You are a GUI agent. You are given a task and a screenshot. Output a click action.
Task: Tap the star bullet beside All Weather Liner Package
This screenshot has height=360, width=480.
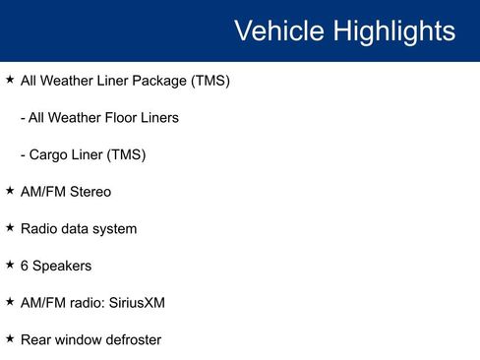click(x=10, y=80)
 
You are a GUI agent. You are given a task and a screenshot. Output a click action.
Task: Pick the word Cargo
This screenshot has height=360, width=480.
click(x=48, y=154)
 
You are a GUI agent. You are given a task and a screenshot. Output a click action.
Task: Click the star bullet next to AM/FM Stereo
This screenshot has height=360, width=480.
click(x=10, y=191)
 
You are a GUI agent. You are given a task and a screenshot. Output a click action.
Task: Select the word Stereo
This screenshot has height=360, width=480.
click(x=90, y=192)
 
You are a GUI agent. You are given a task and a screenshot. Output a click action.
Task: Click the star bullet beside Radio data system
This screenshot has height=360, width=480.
click(x=10, y=227)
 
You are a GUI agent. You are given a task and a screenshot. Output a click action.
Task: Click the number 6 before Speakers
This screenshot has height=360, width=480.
click(x=25, y=266)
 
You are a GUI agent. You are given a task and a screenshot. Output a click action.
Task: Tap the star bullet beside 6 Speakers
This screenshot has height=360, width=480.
click(x=10, y=265)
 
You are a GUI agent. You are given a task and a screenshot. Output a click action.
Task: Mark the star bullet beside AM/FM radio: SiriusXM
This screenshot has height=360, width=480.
click(x=10, y=302)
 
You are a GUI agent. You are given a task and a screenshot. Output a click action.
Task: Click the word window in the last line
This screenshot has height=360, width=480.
click(x=77, y=340)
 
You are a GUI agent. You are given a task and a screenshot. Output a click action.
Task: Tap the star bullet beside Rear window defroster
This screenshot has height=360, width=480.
click(x=10, y=338)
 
